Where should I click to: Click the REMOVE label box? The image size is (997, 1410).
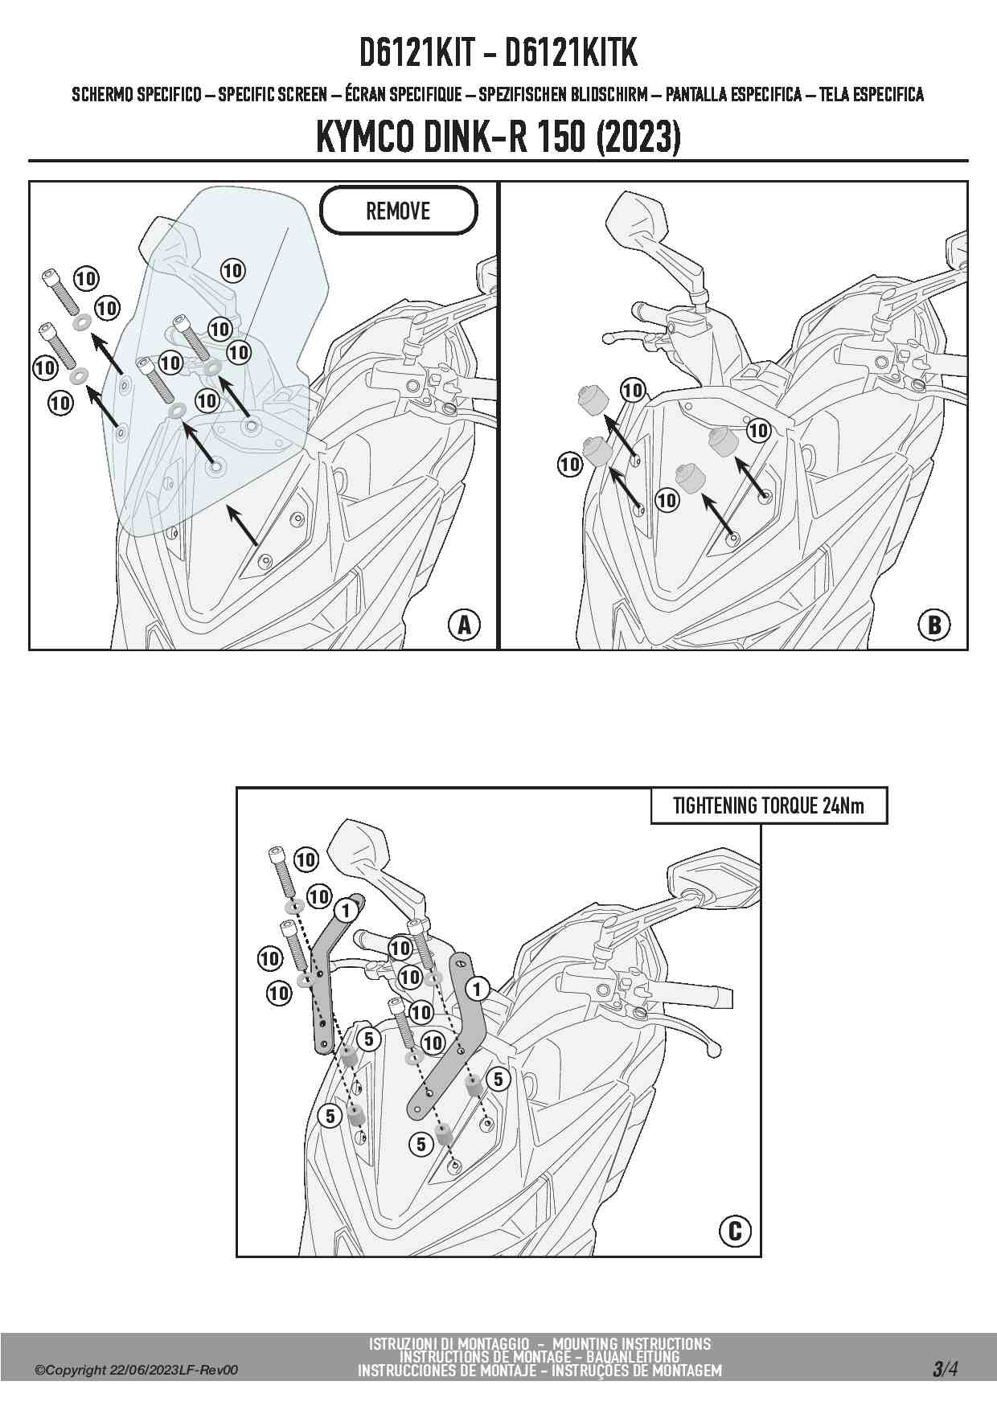pyautogui.click(x=399, y=211)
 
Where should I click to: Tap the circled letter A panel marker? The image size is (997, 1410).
pyautogui.click(x=464, y=625)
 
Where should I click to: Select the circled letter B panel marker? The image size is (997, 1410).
pyautogui.click(x=934, y=625)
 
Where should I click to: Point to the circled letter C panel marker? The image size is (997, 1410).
pyautogui.click(x=734, y=1231)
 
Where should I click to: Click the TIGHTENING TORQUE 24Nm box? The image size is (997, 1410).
pyautogui.click(x=769, y=805)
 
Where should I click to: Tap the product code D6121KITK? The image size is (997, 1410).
pyautogui.click(x=571, y=53)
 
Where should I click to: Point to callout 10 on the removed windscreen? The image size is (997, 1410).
pyautogui.click(x=232, y=270)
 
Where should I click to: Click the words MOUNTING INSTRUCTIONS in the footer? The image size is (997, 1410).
pyautogui.click(x=632, y=1343)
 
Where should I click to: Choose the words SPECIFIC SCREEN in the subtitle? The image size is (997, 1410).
pyautogui.click(x=273, y=94)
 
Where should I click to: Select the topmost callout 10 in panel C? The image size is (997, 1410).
pyautogui.click(x=306, y=859)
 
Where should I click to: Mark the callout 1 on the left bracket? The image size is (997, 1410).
pyautogui.click(x=346, y=911)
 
